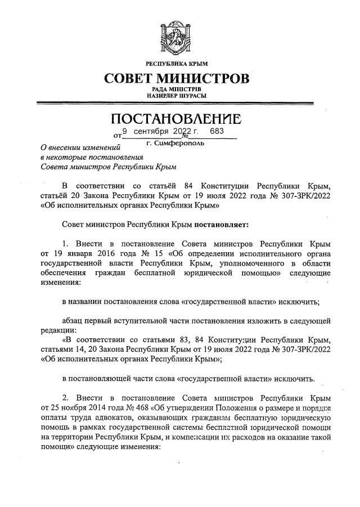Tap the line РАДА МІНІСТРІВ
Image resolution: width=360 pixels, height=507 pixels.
click(179, 90)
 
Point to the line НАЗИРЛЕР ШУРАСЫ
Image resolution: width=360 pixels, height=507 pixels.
click(179, 97)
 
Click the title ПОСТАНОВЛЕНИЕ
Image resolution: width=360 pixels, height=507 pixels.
click(179, 119)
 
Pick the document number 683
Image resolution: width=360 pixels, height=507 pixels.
click(216, 131)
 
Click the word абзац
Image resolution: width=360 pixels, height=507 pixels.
click(72, 320)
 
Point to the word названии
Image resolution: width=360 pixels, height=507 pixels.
click(89, 302)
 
